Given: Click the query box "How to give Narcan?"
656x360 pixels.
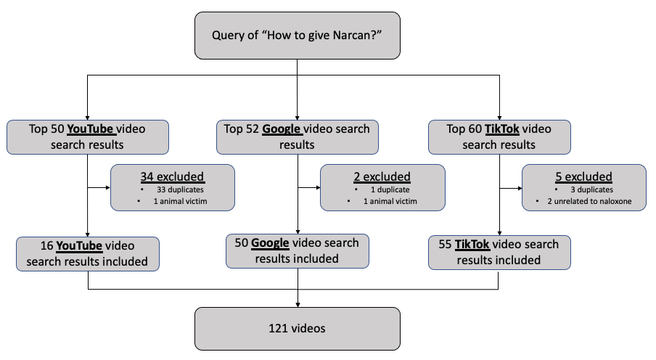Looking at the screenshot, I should coord(297,35).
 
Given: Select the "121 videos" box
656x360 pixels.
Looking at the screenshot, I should coord(297,328).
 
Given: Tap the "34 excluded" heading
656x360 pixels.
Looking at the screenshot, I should coord(173,176).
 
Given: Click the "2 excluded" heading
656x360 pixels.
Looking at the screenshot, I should coord(382,176).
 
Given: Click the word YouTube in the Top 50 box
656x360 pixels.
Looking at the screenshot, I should coord(91,129).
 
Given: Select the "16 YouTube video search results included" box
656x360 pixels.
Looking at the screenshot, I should coord(88,253).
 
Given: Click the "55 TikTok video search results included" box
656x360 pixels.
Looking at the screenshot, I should coord(499,252).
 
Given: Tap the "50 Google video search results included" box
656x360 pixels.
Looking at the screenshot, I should coord(297,250).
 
